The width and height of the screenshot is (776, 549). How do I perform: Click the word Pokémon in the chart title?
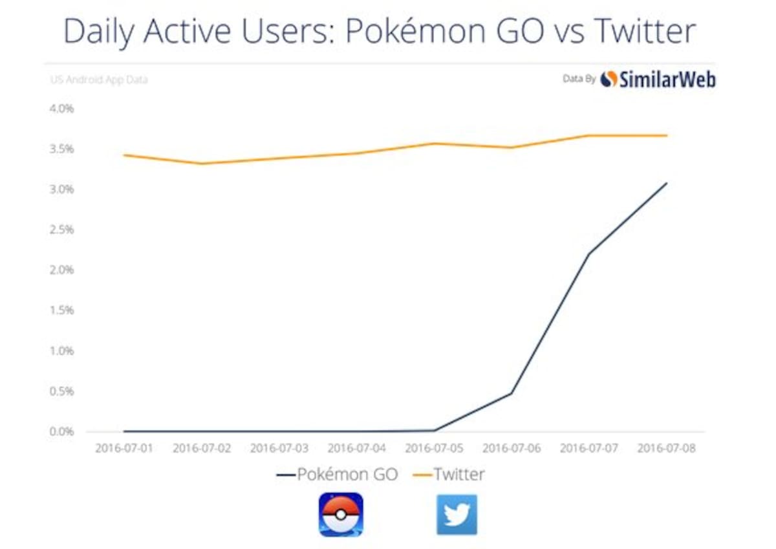tap(415, 31)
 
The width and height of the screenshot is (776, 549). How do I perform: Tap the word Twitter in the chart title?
tap(645, 31)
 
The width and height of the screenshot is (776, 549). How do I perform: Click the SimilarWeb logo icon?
tap(609, 80)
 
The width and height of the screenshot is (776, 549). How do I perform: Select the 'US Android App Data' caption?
tap(99, 80)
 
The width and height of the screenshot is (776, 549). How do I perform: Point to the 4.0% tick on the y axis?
tap(61, 109)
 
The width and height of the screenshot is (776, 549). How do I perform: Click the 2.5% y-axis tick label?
tap(61, 230)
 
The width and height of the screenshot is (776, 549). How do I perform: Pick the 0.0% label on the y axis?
tap(61, 431)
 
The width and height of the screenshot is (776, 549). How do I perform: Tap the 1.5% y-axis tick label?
tap(61, 310)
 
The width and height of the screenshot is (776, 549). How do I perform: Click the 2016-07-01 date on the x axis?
tap(124, 448)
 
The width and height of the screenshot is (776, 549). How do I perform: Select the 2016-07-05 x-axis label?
tap(434, 448)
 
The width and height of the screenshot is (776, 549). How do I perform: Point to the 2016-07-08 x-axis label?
tap(667, 448)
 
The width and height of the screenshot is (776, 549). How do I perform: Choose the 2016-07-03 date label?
tap(279, 448)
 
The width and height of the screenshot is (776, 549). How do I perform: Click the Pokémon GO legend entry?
tap(337, 474)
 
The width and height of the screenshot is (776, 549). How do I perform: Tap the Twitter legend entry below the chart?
tap(449, 474)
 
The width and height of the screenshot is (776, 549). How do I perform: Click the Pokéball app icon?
tap(341, 514)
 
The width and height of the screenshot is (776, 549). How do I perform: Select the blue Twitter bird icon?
tap(457, 515)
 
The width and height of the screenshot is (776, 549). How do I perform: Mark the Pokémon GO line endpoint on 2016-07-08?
tap(667, 183)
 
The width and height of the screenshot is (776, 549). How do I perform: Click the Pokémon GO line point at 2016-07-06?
tap(512, 393)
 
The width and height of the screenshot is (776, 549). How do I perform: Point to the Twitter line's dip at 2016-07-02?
tap(202, 164)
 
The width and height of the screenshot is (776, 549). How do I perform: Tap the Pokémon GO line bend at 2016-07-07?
tap(589, 253)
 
